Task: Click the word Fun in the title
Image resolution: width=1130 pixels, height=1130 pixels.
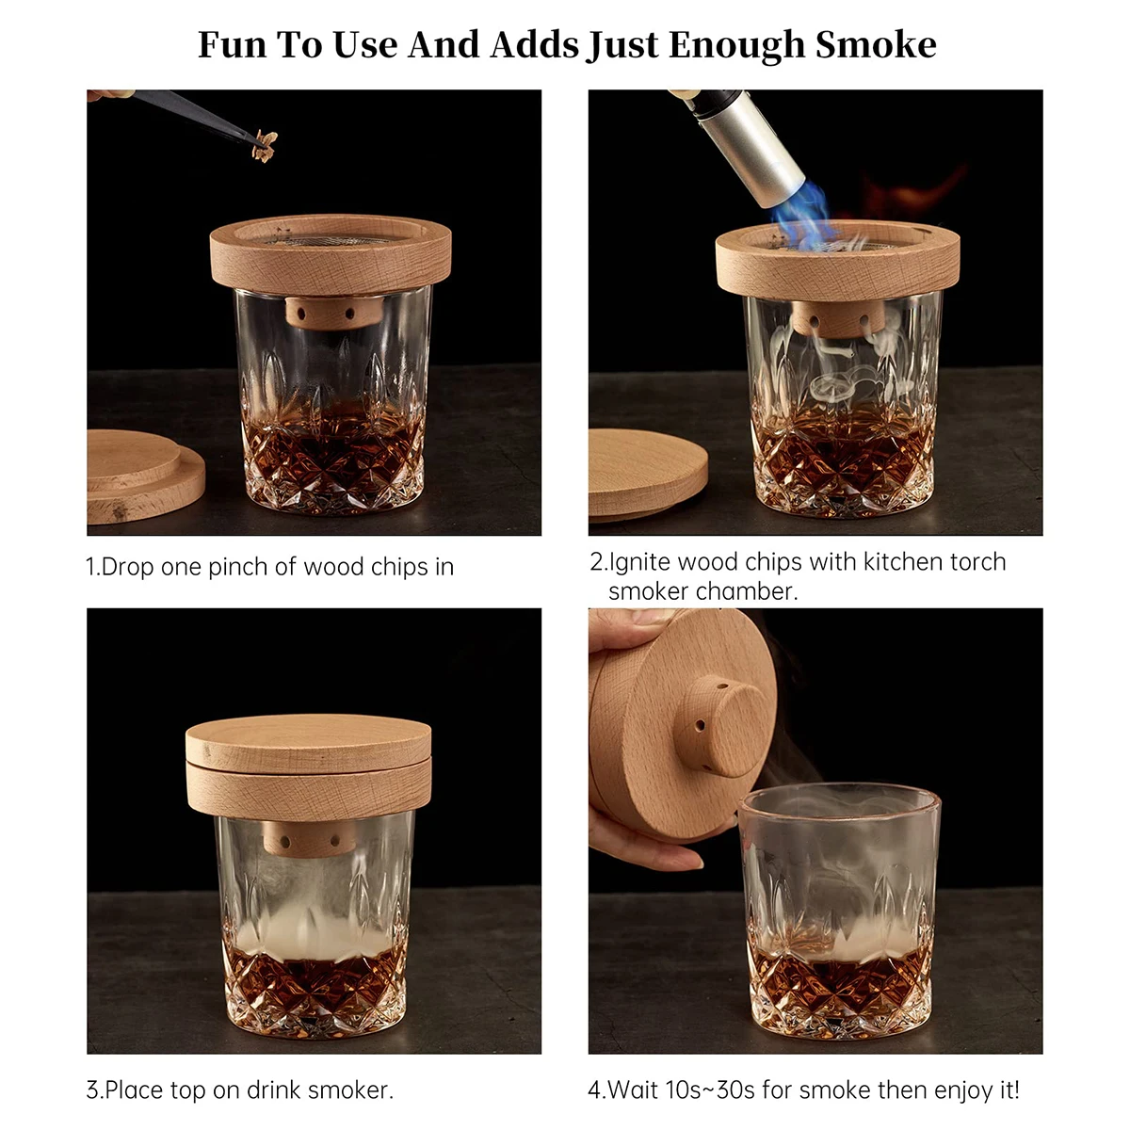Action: click(233, 44)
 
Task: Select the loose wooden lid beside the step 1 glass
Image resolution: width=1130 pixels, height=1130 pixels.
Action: click(141, 476)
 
